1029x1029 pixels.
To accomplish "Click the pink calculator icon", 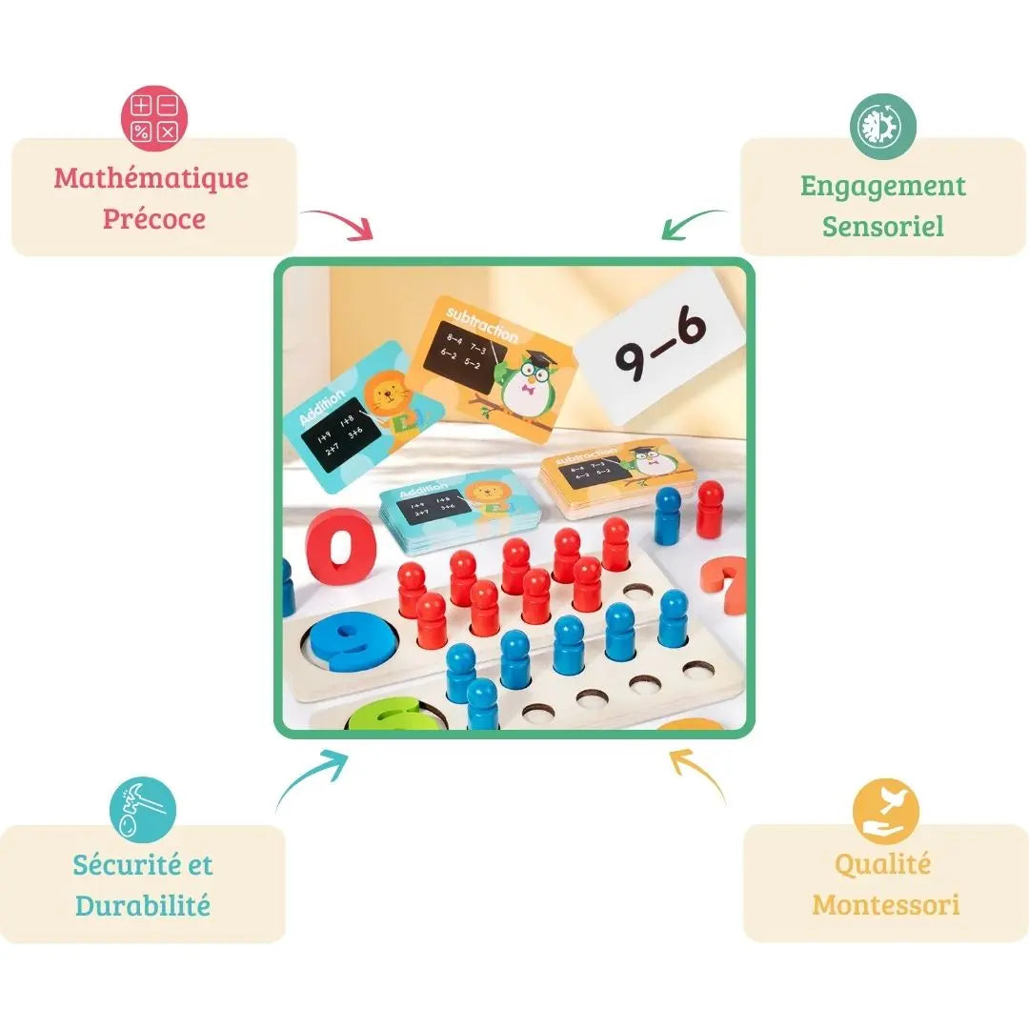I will [153, 119].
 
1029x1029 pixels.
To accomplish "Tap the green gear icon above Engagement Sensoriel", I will [883, 127].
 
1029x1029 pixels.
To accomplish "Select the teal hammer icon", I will [143, 809].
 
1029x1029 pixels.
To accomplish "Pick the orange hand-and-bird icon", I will [885, 811].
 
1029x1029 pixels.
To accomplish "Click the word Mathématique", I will [151, 178].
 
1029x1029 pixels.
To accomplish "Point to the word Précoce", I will [154, 219].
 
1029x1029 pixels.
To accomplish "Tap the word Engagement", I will [883, 186].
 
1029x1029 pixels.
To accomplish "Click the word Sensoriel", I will [883, 227].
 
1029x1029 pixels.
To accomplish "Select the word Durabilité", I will [143, 905].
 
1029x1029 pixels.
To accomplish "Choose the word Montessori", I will [886, 904].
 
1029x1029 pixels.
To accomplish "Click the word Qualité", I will [882, 864].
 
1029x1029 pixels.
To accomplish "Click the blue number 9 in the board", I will [342, 641].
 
